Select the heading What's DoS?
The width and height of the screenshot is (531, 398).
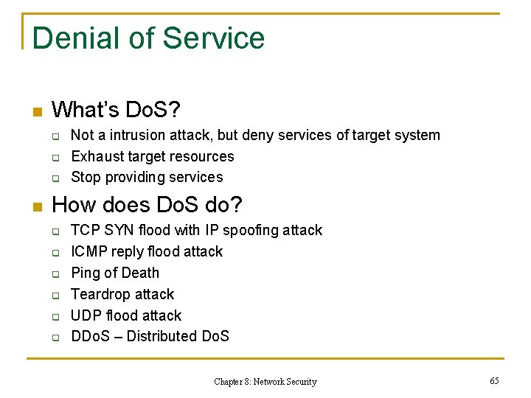coord(117,111)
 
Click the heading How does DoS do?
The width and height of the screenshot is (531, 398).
coord(147,204)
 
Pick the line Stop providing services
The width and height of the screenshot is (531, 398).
coord(147,177)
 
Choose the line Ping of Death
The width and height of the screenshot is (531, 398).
coord(115,273)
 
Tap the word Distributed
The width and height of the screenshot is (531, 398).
coord(154,337)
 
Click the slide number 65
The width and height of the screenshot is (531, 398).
coord(494,380)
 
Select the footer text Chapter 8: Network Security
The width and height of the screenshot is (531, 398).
coord(265,382)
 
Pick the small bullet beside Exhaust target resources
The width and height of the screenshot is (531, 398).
coord(55,158)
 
